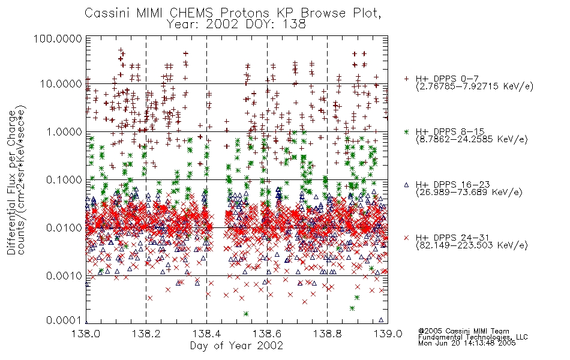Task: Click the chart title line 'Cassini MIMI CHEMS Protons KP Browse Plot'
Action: tap(233, 13)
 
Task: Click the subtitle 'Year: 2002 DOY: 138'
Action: tap(236, 25)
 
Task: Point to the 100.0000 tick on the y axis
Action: tap(58, 38)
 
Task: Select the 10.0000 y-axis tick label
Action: tap(61, 84)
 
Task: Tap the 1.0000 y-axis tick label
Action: tap(64, 131)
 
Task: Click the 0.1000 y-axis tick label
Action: tap(64, 179)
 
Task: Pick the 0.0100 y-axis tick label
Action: tap(64, 228)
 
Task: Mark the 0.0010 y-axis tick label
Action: tap(64, 276)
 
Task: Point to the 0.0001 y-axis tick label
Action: tap(64, 320)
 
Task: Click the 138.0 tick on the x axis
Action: tap(86, 334)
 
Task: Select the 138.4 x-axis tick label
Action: tap(206, 334)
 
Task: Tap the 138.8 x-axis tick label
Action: tap(327, 334)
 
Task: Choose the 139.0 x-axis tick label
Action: tap(388, 334)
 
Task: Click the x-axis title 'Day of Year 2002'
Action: tap(236, 346)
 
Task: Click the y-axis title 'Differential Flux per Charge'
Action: tap(11, 182)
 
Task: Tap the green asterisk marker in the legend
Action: tap(406, 131)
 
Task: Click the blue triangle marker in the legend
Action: tap(406, 185)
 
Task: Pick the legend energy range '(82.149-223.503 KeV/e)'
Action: tap(472, 245)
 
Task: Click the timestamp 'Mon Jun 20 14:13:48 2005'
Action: tap(467, 343)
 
